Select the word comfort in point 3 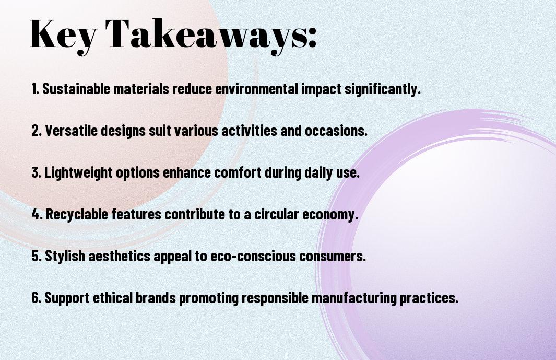pos(238,172)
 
